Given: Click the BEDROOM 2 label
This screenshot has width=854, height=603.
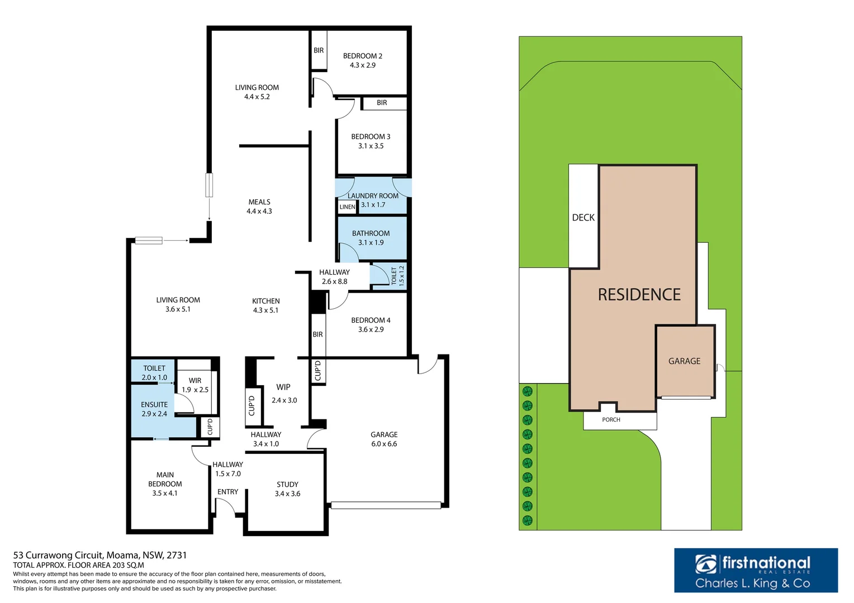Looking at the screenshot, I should tap(362, 56).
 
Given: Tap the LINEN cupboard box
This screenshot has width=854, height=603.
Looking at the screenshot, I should tap(347, 207).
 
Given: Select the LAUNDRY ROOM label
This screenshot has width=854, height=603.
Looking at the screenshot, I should tap(373, 196).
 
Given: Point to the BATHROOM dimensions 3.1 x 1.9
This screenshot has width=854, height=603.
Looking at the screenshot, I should tap(371, 243).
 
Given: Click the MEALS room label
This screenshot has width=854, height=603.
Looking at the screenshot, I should tap(259, 202).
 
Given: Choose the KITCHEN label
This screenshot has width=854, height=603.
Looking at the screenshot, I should tap(265, 301).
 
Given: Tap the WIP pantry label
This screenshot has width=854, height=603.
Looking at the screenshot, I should tap(283, 387).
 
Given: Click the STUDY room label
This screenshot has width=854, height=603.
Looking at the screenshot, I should tap(287, 485).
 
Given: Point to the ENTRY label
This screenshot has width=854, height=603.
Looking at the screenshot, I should tap(227, 492).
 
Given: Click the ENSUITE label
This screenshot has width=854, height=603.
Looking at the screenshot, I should tap(154, 405).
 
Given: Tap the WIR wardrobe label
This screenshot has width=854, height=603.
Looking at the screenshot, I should tap(195, 381).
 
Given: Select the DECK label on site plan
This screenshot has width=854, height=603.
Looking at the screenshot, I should tap(583, 218).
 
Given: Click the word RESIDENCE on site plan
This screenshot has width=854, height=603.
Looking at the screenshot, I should tap(639, 295).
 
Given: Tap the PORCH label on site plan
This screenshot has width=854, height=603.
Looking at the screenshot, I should tap(611, 420).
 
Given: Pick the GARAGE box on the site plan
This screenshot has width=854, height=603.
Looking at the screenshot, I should tap(685, 361).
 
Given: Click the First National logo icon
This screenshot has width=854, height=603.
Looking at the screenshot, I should tap(706, 564).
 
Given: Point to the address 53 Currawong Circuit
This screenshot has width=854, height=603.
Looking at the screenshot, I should tap(99, 556).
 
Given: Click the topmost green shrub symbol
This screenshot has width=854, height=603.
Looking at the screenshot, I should tap(527, 391).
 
